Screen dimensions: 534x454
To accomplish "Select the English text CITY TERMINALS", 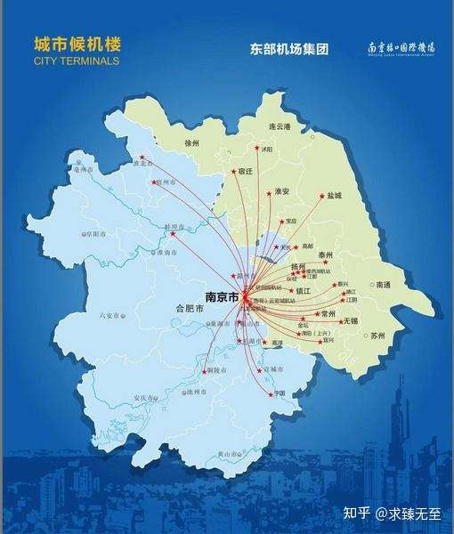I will coord(76,61).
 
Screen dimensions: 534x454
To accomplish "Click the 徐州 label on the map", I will coord(192,142).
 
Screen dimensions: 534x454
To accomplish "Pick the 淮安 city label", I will coord(283,191).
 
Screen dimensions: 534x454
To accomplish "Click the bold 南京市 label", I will coord(221,296).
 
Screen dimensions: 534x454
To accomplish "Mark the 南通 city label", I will coord(384,285).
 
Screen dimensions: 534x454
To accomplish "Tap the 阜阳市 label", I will coord(93,233).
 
